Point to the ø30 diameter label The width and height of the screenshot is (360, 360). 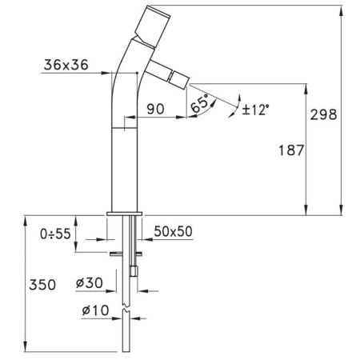coord(90,282)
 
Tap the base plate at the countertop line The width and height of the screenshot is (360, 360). coord(124,214)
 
